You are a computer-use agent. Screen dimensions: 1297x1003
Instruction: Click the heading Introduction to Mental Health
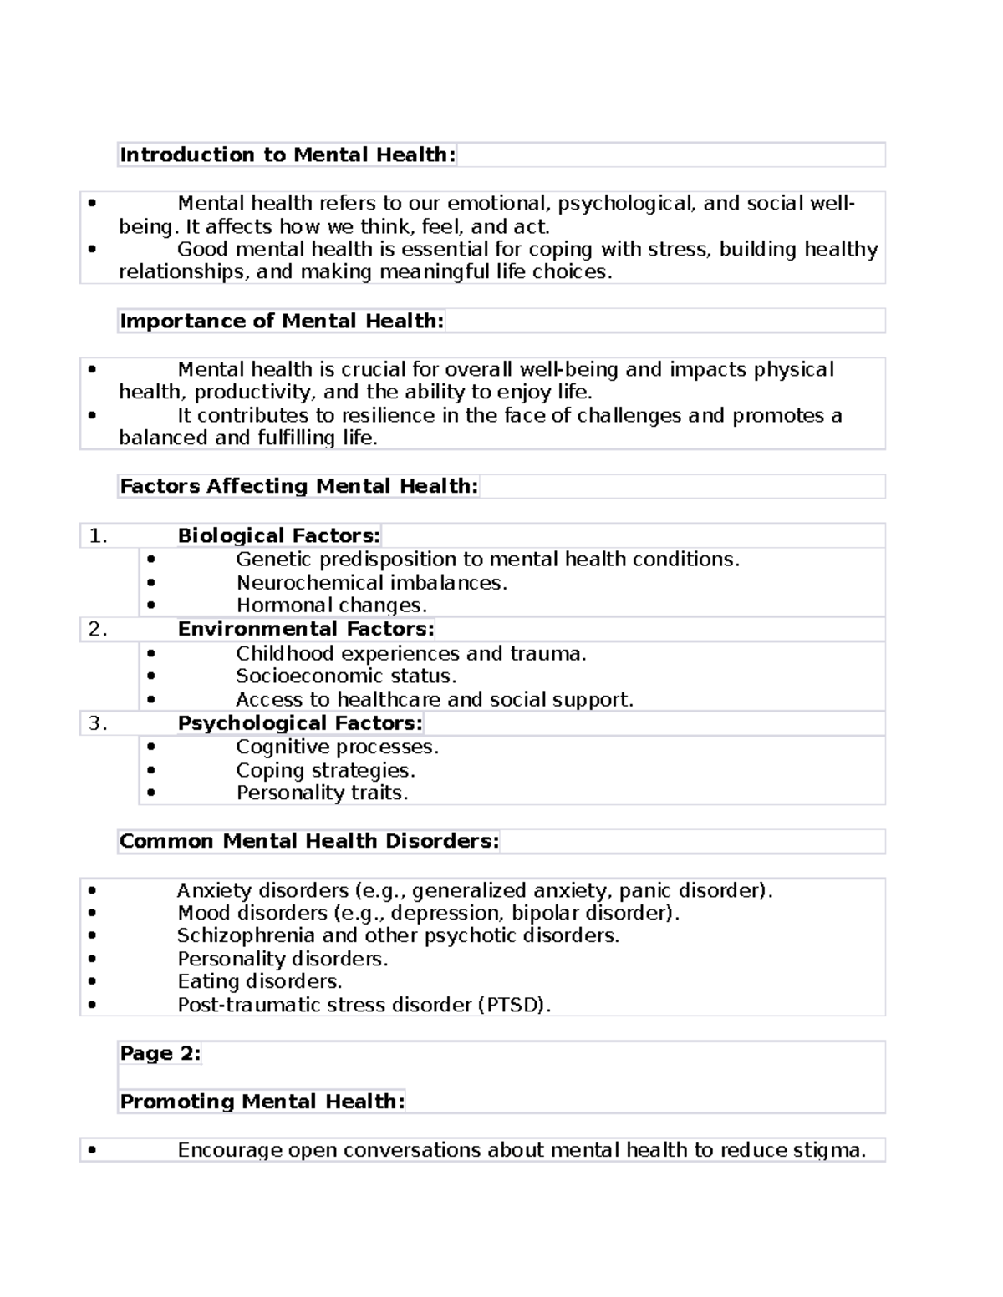[x=288, y=155]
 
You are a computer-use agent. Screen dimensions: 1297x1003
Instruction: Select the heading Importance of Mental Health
[x=282, y=321]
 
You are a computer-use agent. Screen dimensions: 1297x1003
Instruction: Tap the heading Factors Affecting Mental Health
[x=298, y=486]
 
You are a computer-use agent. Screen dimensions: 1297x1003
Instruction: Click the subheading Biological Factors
[x=278, y=535]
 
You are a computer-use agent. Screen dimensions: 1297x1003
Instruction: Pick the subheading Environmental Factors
[x=305, y=629]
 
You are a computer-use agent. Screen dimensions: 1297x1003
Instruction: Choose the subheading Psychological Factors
[x=300, y=723]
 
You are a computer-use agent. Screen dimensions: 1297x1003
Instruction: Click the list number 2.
[x=98, y=630]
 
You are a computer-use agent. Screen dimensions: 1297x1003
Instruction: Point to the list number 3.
[x=98, y=724]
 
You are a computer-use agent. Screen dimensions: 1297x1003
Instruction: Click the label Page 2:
[x=160, y=1053]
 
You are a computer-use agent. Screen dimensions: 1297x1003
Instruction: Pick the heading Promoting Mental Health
[x=262, y=1102]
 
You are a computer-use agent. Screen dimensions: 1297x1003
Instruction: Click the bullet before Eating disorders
[x=91, y=982]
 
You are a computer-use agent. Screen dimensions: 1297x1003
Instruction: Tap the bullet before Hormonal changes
[x=150, y=605]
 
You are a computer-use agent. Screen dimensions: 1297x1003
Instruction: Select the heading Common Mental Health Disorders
[x=308, y=841]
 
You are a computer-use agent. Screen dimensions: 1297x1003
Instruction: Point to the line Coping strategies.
[x=325, y=770]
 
